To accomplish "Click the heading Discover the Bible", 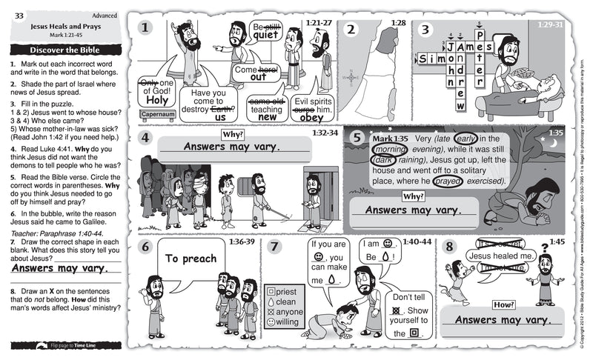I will (x=65, y=50).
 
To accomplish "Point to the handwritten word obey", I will (x=311, y=117).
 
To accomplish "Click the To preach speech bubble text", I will (x=191, y=259).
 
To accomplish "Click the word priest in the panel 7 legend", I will (x=285, y=292).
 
